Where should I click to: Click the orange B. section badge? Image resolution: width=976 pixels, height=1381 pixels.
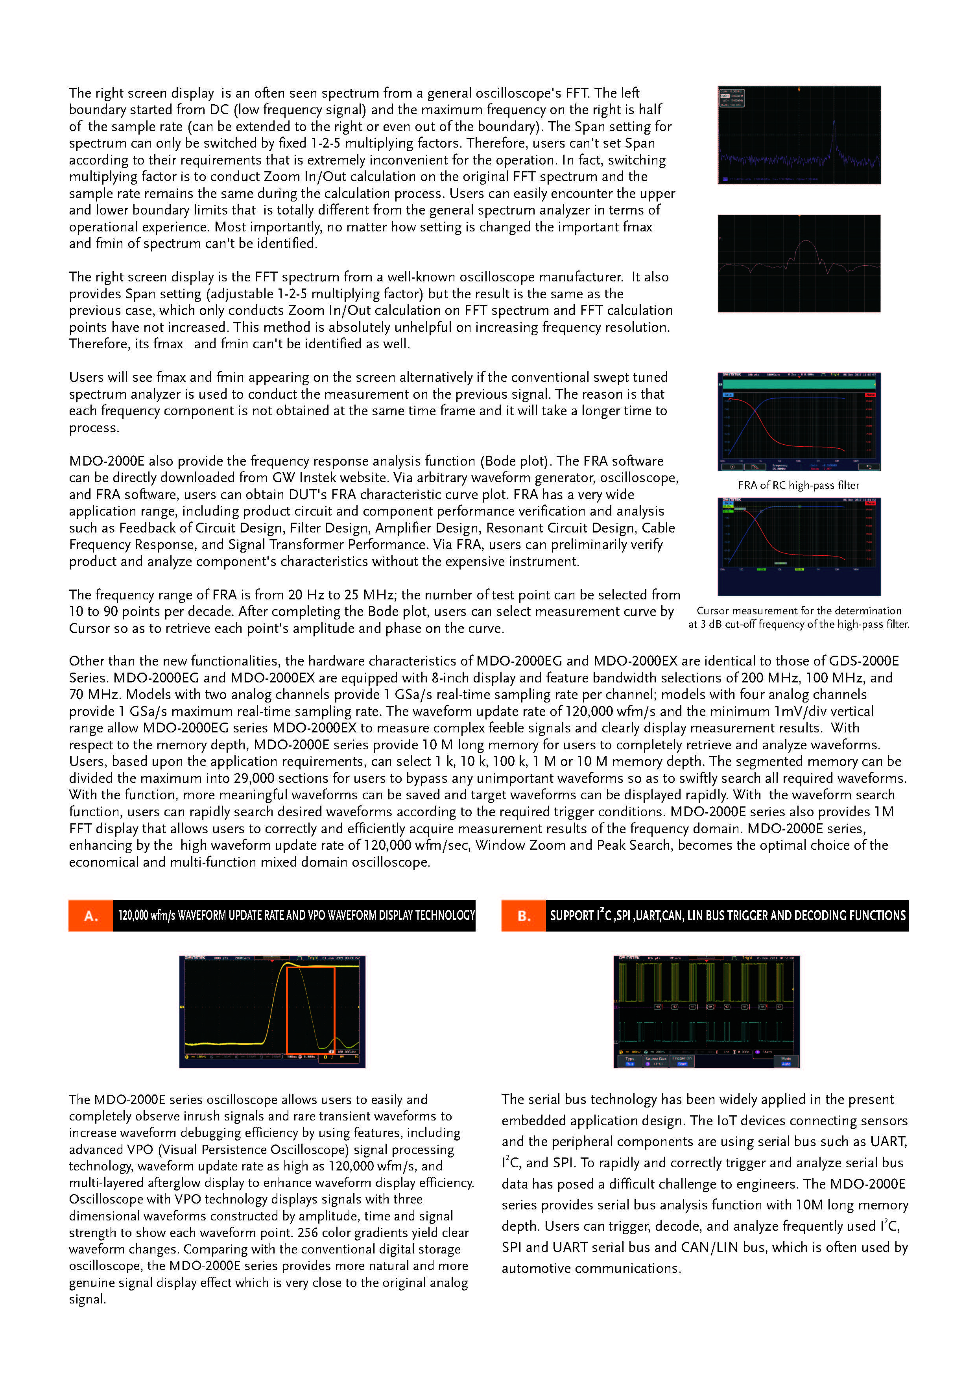pyautogui.click(x=523, y=915)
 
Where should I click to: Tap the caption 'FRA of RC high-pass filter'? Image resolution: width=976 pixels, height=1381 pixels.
pyautogui.click(x=798, y=485)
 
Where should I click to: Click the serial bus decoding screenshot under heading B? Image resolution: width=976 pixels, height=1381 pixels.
pyautogui.click(x=706, y=1011)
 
